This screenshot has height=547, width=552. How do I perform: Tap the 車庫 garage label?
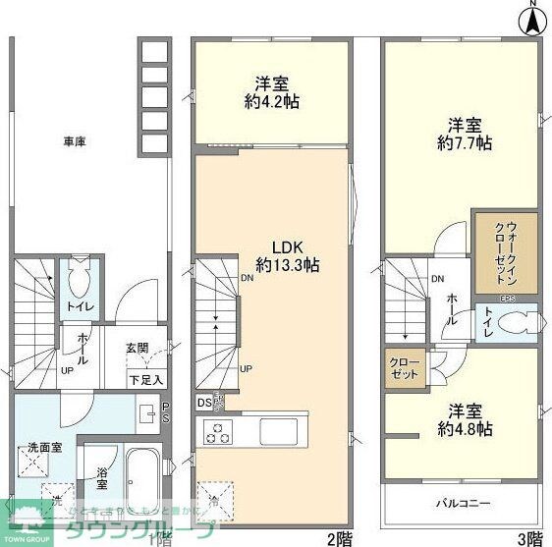(x=75, y=141)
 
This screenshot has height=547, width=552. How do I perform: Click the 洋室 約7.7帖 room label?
(x=465, y=134)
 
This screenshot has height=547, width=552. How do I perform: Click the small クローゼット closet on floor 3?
(x=405, y=370)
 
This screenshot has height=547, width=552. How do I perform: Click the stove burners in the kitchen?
(x=216, y=431)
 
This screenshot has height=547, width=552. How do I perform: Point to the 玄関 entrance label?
(x=137, y=348)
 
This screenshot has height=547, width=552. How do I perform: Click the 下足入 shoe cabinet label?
(x=145, y=379)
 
